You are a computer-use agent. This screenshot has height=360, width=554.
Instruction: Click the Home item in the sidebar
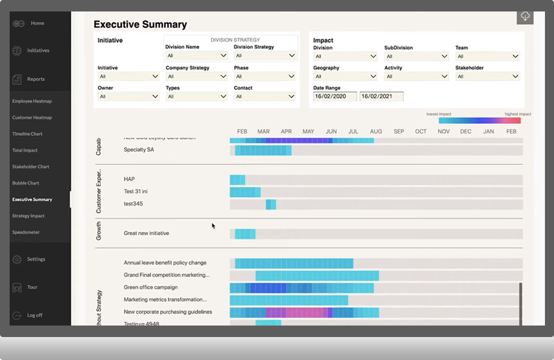coord(37,23)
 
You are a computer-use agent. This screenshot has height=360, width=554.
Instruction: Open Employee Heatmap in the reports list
coord(32,101)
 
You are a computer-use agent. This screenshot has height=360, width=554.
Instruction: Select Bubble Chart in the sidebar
coord(25,183)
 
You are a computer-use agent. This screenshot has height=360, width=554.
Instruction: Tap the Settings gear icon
coord(17,259)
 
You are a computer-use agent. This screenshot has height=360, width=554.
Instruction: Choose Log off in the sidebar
coord(34,315)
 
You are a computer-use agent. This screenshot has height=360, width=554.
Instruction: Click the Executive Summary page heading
coord(140,25)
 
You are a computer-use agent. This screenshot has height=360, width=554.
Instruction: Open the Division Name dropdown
coord(197,56)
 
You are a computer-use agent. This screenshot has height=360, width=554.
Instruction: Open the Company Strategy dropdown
coord(197,77)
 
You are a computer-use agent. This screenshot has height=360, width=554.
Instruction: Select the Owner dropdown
coord(128,97)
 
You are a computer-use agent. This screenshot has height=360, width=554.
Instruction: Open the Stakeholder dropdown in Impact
coord(488,77)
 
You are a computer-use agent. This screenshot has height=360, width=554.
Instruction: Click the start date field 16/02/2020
coord(334,97)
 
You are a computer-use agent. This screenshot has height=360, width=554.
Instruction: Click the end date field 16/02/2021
coord(381,97)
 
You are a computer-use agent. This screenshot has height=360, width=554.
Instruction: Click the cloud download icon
coord(525,16)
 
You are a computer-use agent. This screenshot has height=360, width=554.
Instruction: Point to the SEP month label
coord(399,132)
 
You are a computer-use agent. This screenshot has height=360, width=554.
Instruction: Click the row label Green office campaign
coord(150,288)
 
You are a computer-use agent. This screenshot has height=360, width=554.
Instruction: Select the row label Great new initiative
coord(146,233)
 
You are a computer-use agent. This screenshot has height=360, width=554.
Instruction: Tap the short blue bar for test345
coord(271,204)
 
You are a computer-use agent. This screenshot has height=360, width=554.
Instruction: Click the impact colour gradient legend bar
coord(479,120)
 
